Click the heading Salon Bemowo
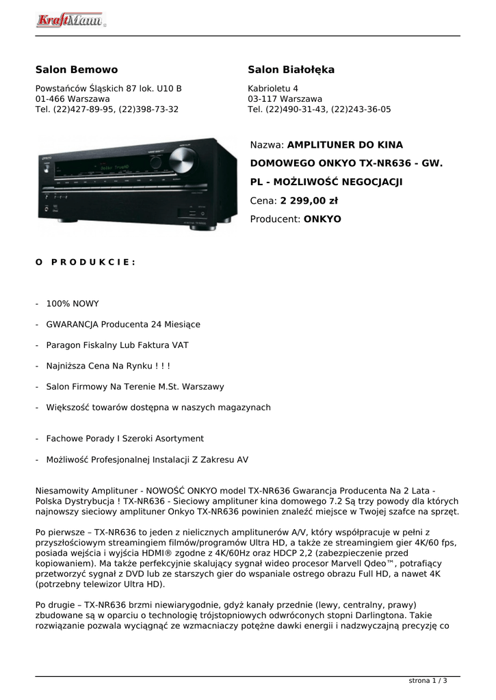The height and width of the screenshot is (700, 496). point(77,70)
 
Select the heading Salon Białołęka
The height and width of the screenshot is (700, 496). point(291,70)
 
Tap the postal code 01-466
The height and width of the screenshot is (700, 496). point(50,99)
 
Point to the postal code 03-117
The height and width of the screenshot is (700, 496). point(262,99)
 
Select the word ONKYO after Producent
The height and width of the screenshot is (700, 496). point(322,219)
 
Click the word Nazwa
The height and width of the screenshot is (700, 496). point(265,145)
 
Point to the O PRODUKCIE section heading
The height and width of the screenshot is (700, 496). point(86,262)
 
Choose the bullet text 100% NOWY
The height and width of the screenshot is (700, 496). point(73,304)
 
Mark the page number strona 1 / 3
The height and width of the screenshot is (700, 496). point(428,681)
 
